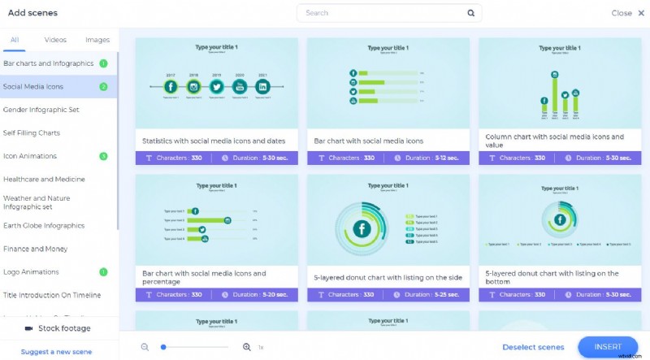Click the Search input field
point(382,13)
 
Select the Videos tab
point(55,40)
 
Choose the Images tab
point(97,40)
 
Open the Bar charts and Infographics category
point(49,63)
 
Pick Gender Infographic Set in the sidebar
point(41,110)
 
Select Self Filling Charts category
point(32,132)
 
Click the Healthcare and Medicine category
point(44,179)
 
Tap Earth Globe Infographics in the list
point(44,225)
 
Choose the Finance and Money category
point(35,249)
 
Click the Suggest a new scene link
point(56,352)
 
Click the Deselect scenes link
point(533,347)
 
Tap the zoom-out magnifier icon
point(145,347)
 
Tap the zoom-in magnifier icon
point(247,347)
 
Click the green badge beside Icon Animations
point(103,156)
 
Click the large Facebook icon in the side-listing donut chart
point(361,230)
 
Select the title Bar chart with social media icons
point(369,141)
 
